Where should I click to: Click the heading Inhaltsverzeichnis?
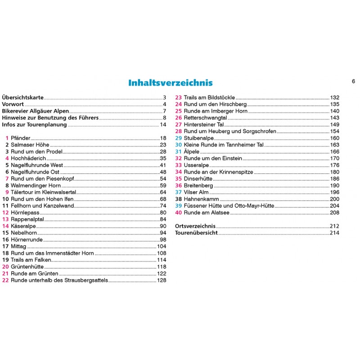(x=171, y=83)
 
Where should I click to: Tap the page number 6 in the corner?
(x=353, y=81)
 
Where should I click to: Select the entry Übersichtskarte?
(x=23, y=98)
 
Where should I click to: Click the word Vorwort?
(x=13, y=104)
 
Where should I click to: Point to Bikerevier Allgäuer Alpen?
(x=36, y=111)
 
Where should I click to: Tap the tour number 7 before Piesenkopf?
(x=7, y=179)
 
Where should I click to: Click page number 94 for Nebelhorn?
(x=163, y=233)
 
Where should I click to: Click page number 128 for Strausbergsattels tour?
(x=162, y=280)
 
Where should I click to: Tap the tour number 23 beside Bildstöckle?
(x=178, y=98)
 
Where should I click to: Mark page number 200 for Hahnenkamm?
(x=334, y=199)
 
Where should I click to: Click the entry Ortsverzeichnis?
(x=195, y=226)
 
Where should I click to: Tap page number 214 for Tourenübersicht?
(x=334, y=233)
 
